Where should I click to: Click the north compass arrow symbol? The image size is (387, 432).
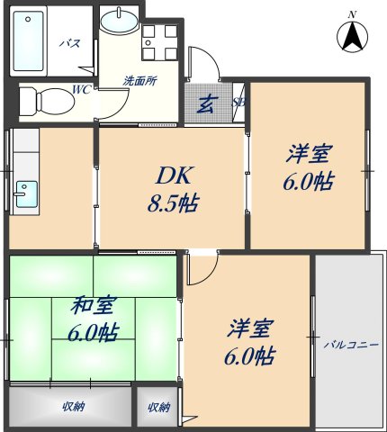point(352,36)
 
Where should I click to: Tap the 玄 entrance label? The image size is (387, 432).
point(206,103)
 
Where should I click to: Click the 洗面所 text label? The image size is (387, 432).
point(140,80)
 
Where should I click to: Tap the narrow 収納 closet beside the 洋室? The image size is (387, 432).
point(158,407)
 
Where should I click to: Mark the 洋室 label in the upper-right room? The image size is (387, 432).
point(308,166)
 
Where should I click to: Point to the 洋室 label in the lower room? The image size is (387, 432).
point(249,340)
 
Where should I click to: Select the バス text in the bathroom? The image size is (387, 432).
point(68,42)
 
